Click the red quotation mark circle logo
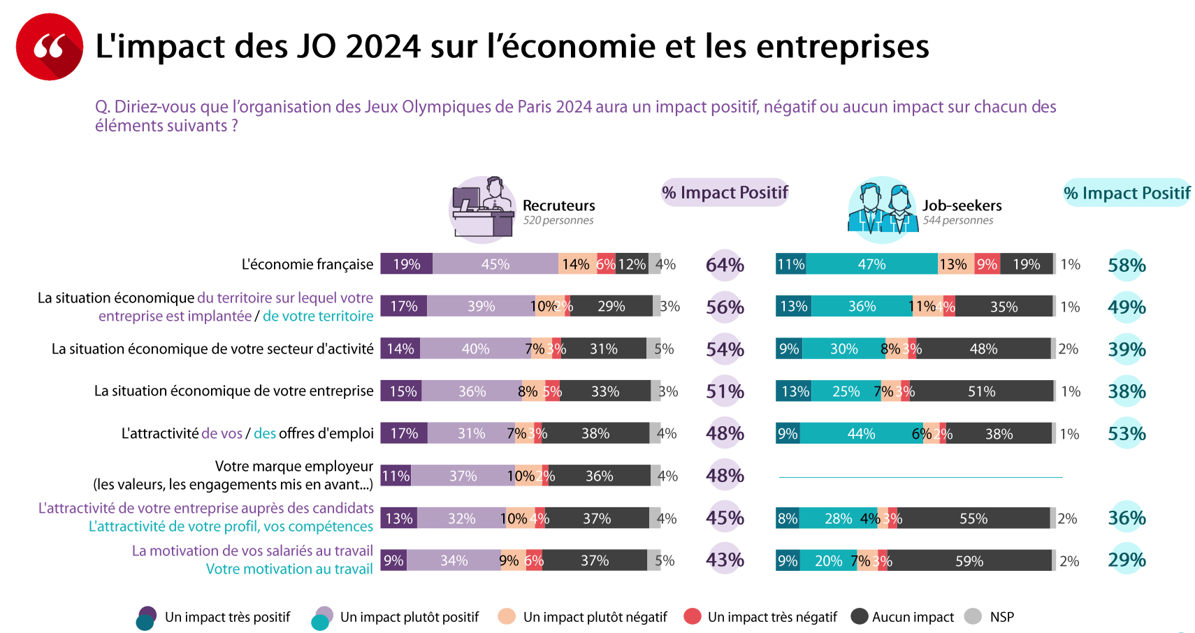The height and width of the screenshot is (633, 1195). pos(50,47)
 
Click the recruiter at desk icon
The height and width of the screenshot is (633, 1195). pos(482,209)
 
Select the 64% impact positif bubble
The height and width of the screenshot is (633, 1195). pos(725,265)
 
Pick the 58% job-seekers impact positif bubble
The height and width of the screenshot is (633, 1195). pos(1127,265)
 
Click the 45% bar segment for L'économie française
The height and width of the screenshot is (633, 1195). pos(495,264)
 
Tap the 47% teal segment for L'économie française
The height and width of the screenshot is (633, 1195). pos(872,264)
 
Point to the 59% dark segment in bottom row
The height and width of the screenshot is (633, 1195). pos(970,561)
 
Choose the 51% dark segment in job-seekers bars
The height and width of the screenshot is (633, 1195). pos(982,391)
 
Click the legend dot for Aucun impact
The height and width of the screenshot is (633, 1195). pos(860,617)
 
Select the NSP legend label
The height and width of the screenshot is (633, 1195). pos(1002,617)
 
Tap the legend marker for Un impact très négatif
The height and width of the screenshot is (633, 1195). pos(693,617)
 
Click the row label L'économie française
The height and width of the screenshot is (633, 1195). pos(307,264)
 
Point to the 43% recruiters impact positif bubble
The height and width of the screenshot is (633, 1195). pos(725,560)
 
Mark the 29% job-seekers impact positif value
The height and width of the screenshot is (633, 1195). pos(1127,560)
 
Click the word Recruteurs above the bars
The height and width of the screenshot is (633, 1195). pos(559,205)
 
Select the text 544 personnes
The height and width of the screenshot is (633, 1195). pos(958,221)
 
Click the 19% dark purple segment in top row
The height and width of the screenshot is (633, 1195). pos(406,264)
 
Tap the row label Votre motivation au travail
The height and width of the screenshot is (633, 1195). pos(289,569)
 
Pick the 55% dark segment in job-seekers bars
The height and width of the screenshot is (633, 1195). pos(973,518)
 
